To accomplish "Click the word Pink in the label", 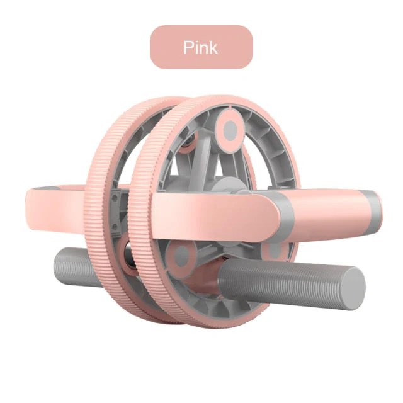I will click(201, 47).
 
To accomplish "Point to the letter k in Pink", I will click(214, 47).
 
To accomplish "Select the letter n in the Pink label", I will click(204, 48).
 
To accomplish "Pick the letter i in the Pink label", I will click(196, 47).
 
